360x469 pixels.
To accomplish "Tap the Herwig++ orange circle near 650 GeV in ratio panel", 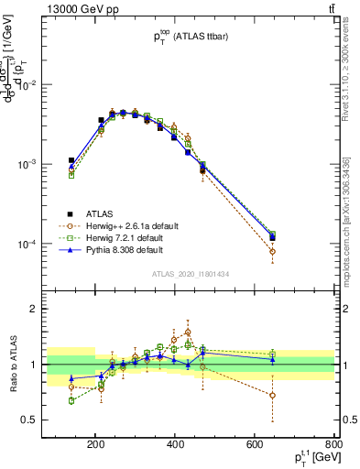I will [272, 396].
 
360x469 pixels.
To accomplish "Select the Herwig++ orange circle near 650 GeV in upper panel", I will [272, 251].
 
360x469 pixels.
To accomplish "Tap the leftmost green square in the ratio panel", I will [71, 400].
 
